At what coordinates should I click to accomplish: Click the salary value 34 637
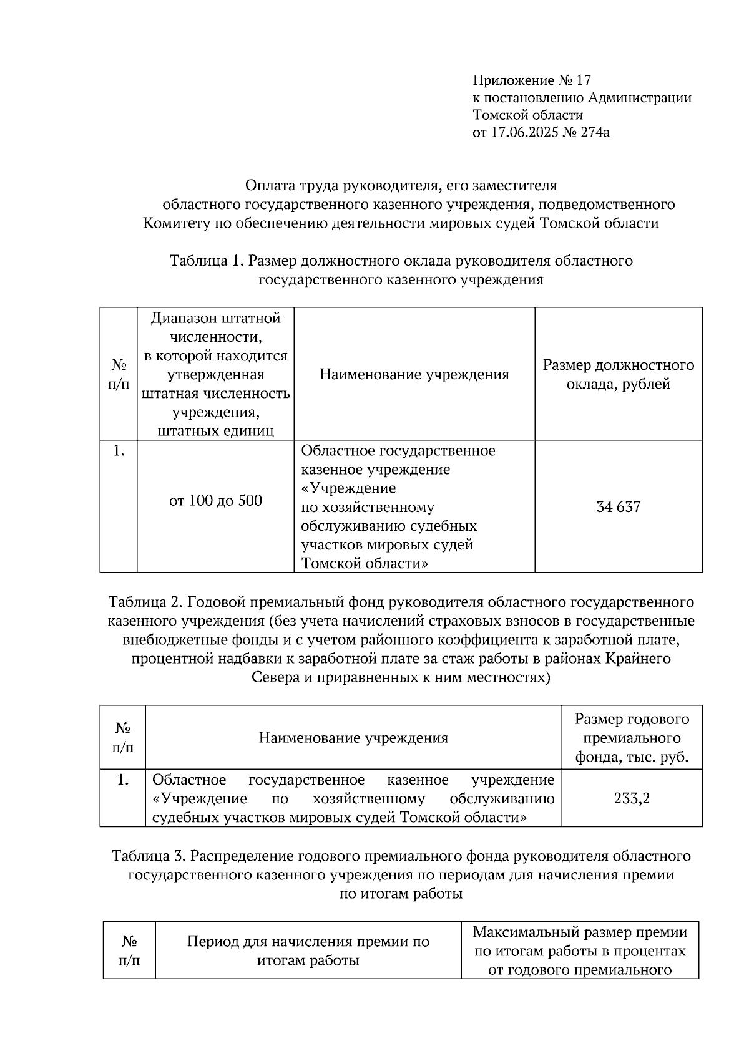coord(618,507)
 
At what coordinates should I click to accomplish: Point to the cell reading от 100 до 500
coord(215,500)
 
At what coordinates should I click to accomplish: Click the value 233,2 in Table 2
coord(632,798)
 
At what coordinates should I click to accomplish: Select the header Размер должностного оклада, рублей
coord(618,374)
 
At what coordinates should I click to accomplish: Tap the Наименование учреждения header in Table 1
coord(414,374)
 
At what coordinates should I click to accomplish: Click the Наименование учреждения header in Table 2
coord(353,738)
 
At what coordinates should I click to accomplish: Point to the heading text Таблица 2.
coord(144,602)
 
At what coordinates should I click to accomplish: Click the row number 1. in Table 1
coord(119,451)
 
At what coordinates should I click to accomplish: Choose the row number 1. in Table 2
coord(123,780)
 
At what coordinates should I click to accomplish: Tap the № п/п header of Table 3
coord(129,950)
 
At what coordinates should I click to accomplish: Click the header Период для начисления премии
coord(308,942)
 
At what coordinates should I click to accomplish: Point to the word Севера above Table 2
coord(275,677)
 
